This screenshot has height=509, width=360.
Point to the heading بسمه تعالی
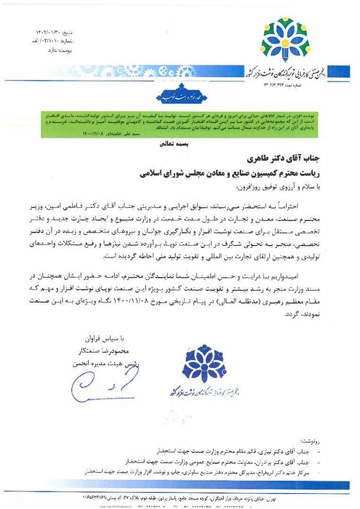pos(178,145)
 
